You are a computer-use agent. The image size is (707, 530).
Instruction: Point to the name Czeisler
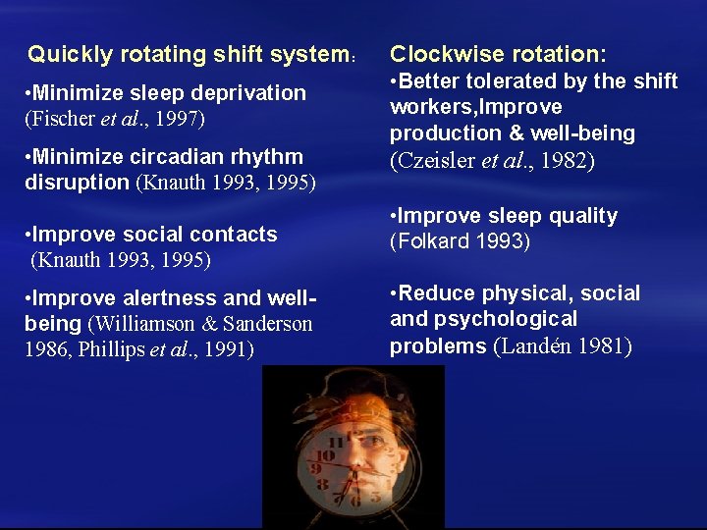pyautogui.click(x=433, y=161)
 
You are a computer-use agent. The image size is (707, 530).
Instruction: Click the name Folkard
pyautogui.click(x=425, y=240)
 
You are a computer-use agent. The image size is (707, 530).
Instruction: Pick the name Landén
pyautogui.click(x=531, y=345)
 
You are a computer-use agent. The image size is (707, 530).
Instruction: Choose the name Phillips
pyautogui.click(x=113, y=349)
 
